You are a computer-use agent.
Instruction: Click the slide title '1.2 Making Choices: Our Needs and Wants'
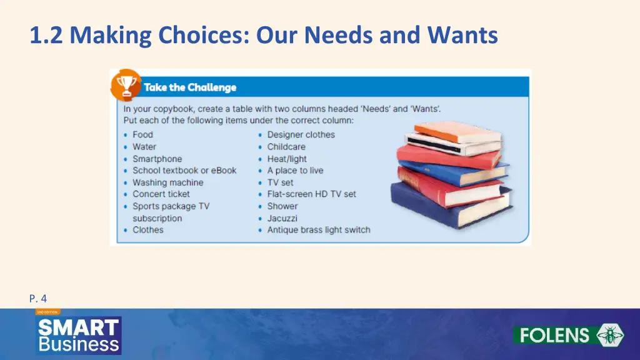click(x=263, y=35)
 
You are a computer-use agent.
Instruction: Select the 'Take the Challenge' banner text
click(x=190, y=87)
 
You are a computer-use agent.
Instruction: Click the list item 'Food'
click(x=142, y=134)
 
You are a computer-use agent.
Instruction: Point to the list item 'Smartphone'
click(x=157, y=159)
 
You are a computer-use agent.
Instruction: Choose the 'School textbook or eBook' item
click(x=184, y=171)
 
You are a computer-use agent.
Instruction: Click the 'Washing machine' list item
click(x=167, y=182)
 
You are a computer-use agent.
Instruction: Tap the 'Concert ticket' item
click(x=161, y=194)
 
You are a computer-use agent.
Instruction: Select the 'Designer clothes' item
click(x=301, y=134)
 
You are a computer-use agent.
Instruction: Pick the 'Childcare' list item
click(x=286, y=147)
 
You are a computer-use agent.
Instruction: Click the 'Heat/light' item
click(x=287, y=159)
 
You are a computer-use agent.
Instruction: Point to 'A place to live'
click(x=295, y=171)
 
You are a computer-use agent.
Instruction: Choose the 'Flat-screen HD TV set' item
click(x=311, y=194)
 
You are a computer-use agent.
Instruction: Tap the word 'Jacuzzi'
click(x=282, y=218)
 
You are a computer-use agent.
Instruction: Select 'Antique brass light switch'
click(x=318, y=230)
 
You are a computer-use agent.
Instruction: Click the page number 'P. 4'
click(x=38, y=299)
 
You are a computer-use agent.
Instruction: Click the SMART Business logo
click(x=78, y=335)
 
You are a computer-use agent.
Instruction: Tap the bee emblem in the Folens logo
click(x=609, y=335)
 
